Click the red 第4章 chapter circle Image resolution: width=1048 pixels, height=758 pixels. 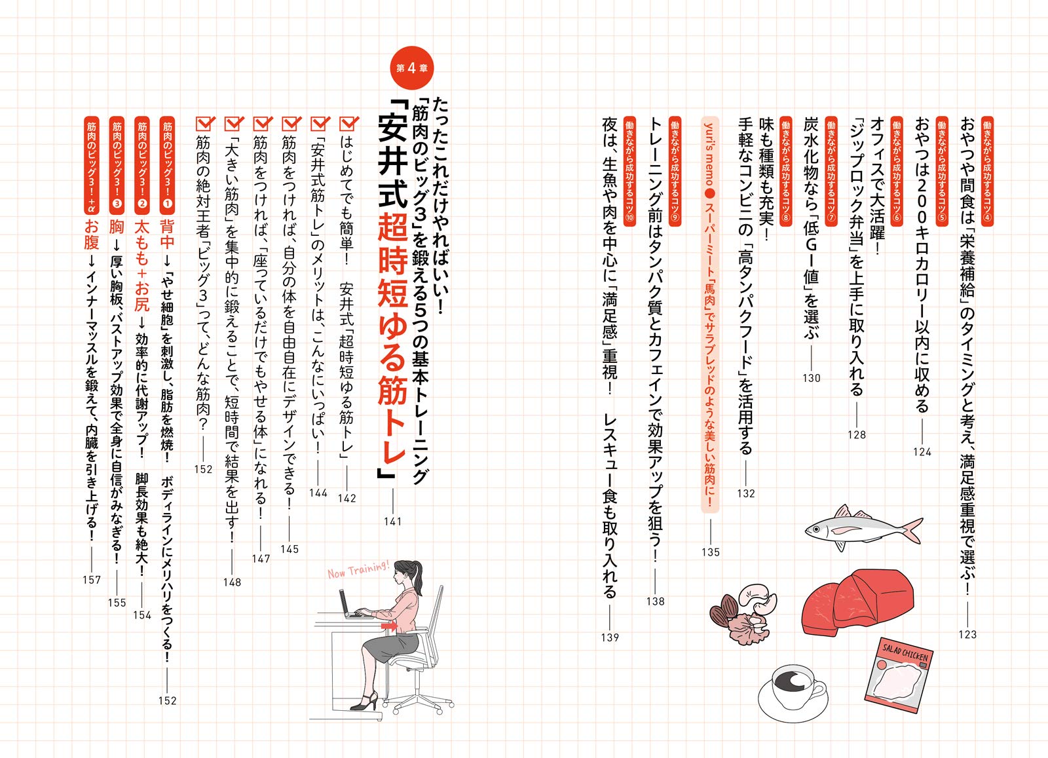411,68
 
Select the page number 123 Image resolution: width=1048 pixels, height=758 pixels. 967,634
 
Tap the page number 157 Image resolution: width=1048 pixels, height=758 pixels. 92,580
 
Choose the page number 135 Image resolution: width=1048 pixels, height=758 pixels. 711,552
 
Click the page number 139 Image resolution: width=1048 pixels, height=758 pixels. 610,637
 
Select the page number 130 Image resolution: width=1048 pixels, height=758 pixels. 812,378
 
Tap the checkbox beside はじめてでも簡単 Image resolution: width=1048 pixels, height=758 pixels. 348,123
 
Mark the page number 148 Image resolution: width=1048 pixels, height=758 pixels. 232,582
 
